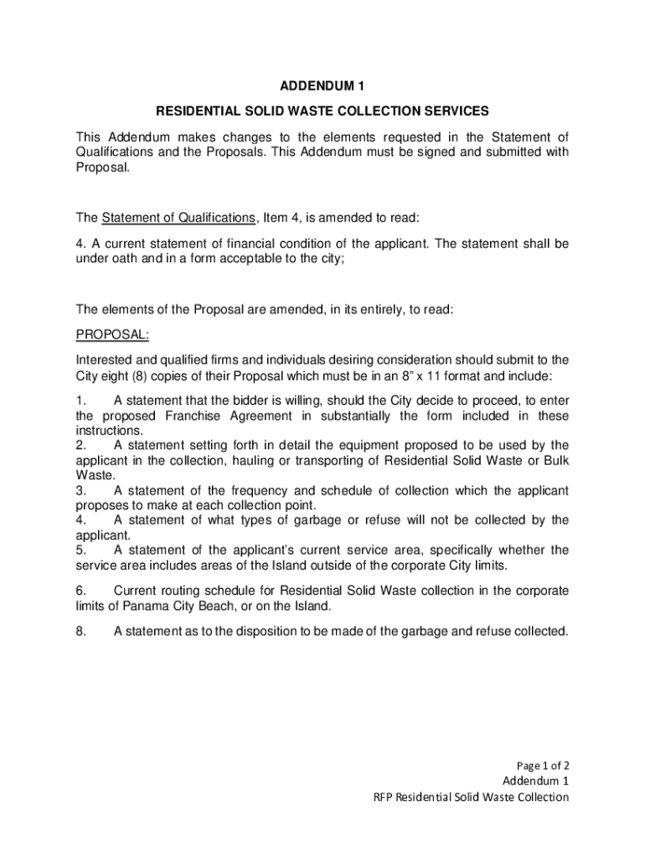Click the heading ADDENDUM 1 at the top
click(322, 85)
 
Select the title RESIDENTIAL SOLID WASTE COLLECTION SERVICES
click(322, 111)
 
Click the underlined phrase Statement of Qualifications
click(178, 218)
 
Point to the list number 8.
click(81, 632)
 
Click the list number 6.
click(81, 591)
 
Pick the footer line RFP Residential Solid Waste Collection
click(471, 797)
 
